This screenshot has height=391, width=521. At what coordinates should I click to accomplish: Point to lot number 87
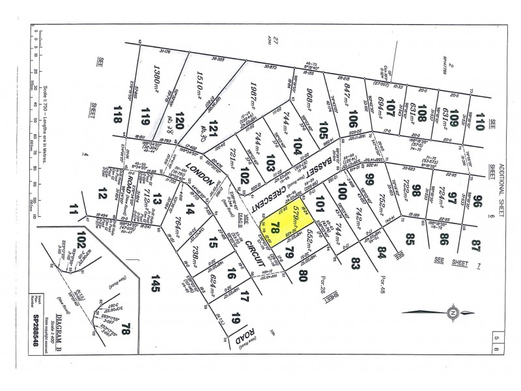click(481, 246)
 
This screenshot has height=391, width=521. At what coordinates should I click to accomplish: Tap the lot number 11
click(73, 209)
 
